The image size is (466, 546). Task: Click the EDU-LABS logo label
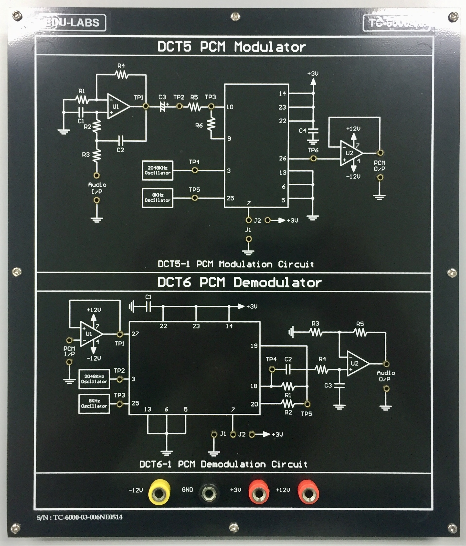[x=71, y=23]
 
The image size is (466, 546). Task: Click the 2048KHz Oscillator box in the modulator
[x=158, y=170]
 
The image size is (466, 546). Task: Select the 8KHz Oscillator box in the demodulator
[x=94, y=404]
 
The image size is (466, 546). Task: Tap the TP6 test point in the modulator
[x=313, y=158]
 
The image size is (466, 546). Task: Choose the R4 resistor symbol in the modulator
[x=122, y=75]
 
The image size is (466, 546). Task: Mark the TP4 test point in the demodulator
[x=272, y=369]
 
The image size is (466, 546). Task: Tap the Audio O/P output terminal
[x=386, y=364]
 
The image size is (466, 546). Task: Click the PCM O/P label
[x=379, y=166]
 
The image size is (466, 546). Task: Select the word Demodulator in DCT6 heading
[x=277, y=283]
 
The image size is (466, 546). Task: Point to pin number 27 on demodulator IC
[x=135, y=334]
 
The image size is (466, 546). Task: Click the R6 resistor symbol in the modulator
[x=211, y=124]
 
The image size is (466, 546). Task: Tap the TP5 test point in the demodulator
[x=307, y=404]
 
